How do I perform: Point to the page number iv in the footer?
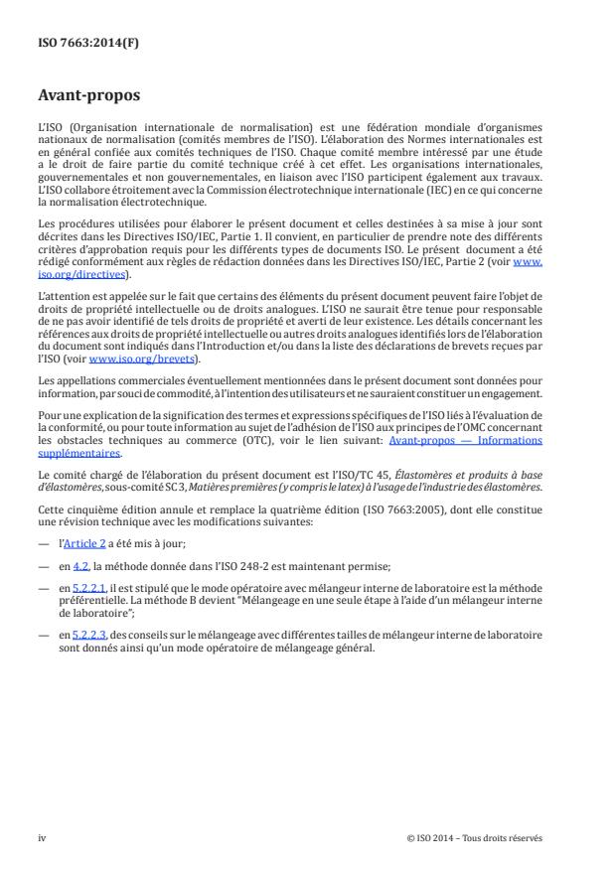[x=42, y=837]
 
